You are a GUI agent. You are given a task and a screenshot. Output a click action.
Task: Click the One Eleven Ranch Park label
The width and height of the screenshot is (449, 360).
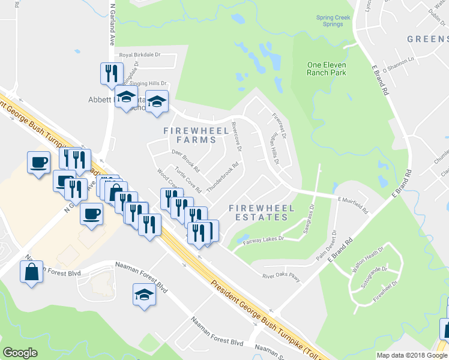click(327, 68)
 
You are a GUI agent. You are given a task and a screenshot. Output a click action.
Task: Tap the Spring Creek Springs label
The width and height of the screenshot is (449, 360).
click(333, 21)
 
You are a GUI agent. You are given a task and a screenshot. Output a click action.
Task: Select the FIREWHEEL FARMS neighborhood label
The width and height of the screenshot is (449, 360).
click(189, 135)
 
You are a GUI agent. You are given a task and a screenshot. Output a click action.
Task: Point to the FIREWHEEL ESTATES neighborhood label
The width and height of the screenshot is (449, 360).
click(262, 212)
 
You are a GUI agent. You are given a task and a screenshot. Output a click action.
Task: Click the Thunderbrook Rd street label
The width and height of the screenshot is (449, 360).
click(223, 177)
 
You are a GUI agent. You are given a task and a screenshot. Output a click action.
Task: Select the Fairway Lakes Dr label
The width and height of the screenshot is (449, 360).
click(264, 238)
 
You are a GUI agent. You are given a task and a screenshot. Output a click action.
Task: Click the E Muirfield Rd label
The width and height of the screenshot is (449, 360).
click(352, 205)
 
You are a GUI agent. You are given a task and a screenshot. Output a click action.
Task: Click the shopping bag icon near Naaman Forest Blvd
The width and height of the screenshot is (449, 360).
click(31, 271)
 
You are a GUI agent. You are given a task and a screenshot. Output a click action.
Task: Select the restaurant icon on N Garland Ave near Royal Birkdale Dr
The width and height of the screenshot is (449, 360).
click(112, 74)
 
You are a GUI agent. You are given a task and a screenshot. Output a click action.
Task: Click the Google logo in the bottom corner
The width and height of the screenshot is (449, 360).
click(20, 352)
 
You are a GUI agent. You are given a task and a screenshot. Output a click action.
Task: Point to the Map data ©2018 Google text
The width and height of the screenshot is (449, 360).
click(412, 355)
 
